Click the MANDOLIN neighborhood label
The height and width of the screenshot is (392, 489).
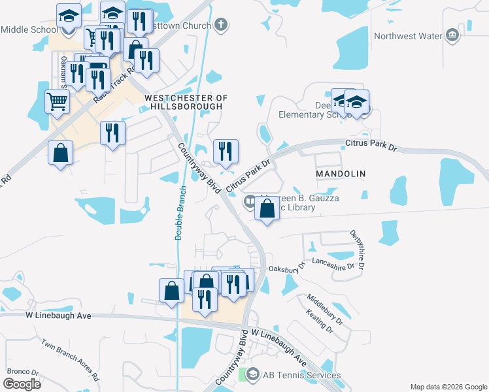pos(339,174)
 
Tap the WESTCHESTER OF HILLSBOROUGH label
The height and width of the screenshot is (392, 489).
pos(185,101)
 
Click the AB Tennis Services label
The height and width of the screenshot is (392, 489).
pos(301,375)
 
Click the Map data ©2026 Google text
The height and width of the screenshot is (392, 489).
pos(448,387)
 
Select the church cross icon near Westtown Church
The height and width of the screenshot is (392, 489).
pos(221,25)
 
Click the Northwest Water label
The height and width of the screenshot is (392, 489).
pos(408,36)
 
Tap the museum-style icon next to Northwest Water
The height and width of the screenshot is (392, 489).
pos(452,35)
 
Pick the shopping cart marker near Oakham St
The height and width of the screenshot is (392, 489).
pos(58,101)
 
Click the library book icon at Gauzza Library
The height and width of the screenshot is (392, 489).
pos(249,203)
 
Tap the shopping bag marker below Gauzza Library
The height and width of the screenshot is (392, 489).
pos(267,210)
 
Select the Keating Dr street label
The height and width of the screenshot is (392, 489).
pos(320,321)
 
